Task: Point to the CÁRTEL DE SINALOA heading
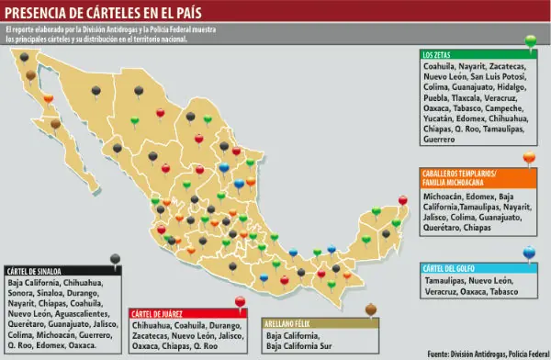[34, 272]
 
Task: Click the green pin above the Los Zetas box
[530, 40]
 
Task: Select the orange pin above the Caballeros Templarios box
[529, 158]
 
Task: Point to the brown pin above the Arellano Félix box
[370, 309]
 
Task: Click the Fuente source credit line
[486, 354]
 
